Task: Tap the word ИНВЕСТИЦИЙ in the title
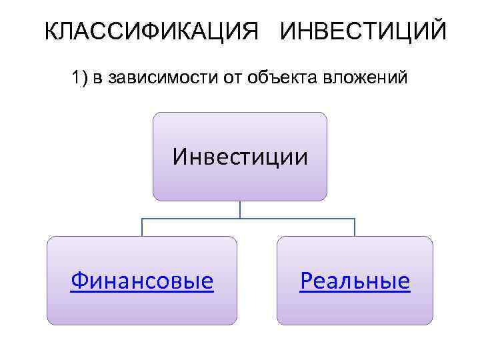[x=363, y=31]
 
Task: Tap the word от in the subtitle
[x=229, y=79]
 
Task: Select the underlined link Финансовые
[x=142, y=281]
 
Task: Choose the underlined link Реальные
[x=355, y=281]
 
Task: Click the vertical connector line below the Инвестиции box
[x=240, y=209]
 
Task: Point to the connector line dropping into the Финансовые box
[x=142, y=227]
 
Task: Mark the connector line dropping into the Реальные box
[x=355, y=227]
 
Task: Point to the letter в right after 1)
[x=97, y=80]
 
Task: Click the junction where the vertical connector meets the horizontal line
[x=240, y=219]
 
